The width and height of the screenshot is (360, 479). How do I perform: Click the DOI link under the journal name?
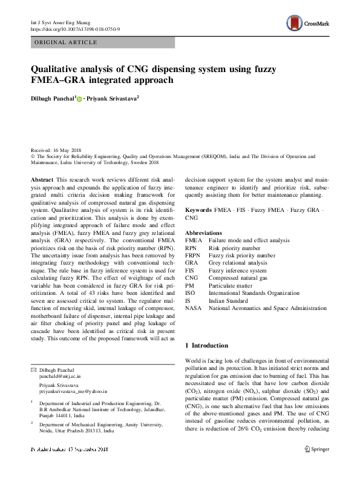(x=75, y=29)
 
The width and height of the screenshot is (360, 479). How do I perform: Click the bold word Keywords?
(x=198, y=210)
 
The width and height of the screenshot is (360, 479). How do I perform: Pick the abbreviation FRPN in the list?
(x=193, y=256)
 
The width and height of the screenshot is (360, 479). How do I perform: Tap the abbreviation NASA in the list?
(x=194, y=308)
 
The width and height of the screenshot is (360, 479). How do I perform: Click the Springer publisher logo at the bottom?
(x=316, y=449)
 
